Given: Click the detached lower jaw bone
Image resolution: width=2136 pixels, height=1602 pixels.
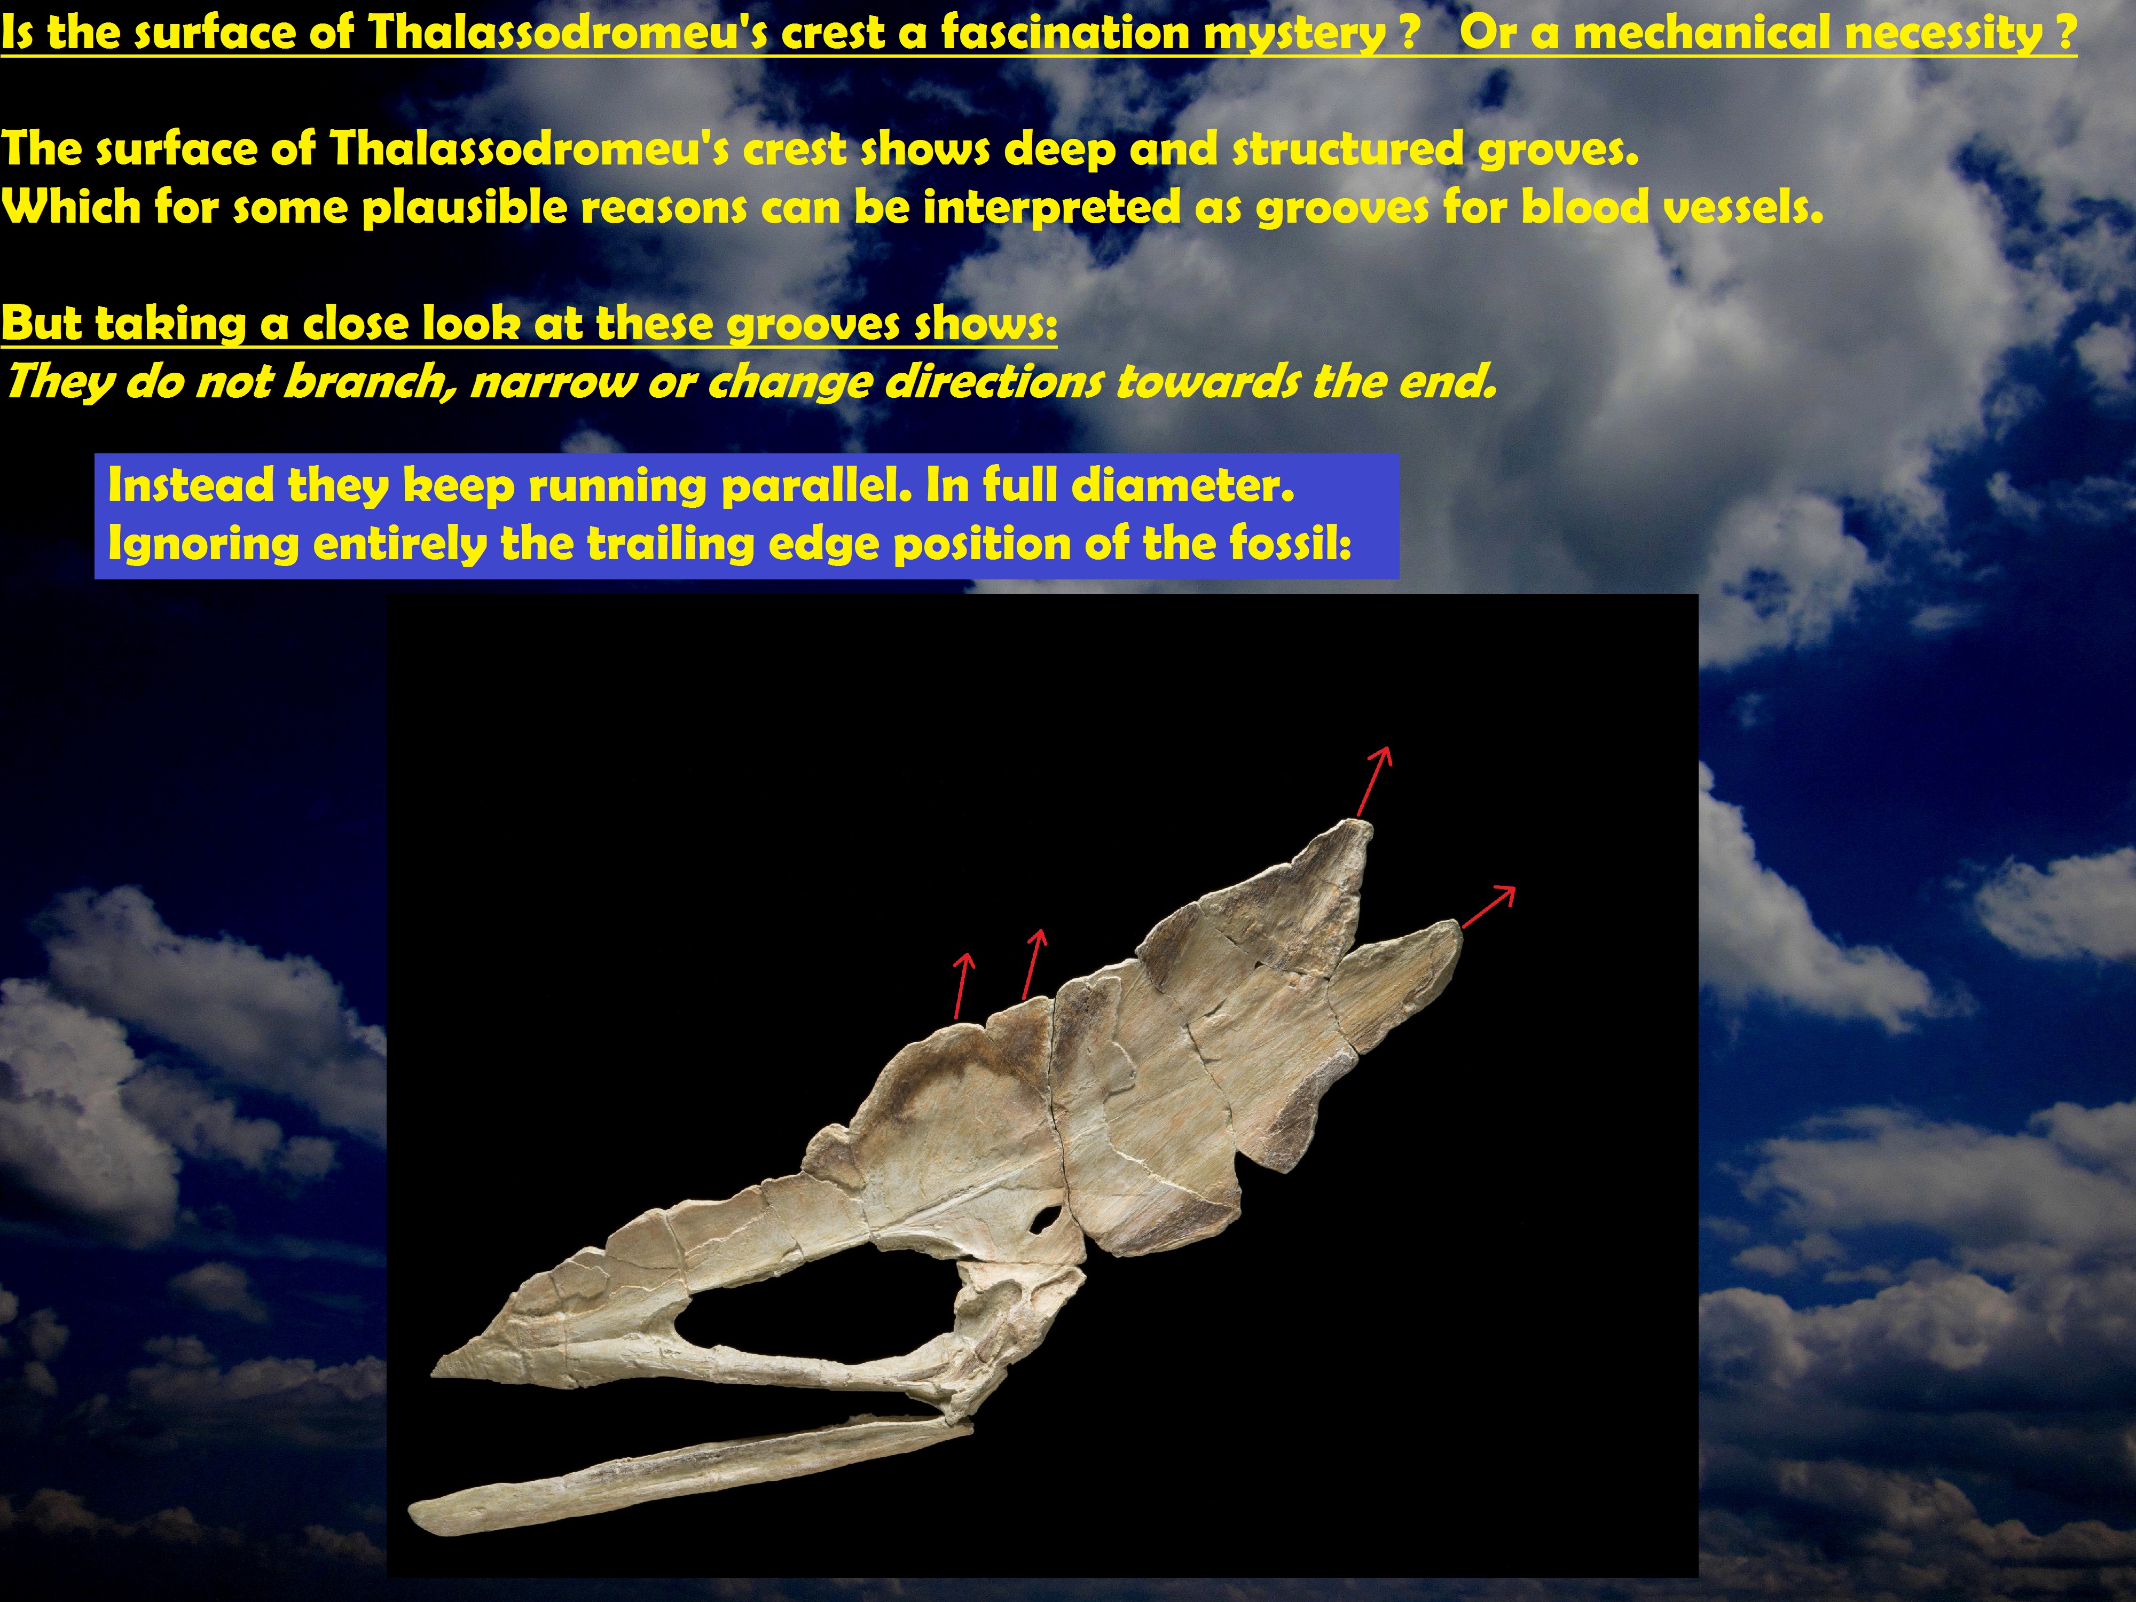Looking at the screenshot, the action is (x=690, y=1473).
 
